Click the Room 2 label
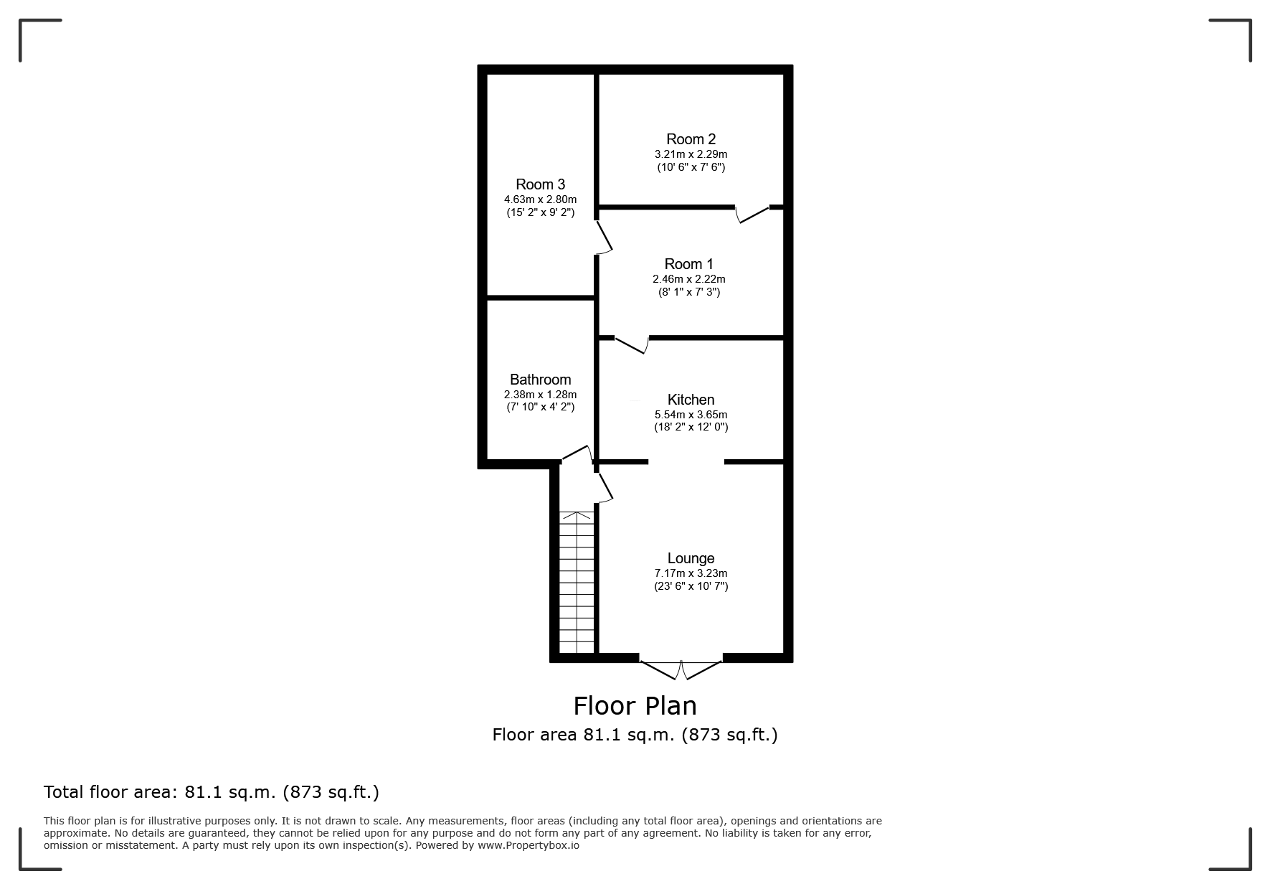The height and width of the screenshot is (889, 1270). coord(691,139)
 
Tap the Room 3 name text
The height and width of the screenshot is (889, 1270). coord(540,184)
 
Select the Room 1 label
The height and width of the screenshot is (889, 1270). coord(688,264)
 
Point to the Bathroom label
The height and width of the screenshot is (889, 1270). coord(540,380)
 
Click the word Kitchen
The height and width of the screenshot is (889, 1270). coord(691,400)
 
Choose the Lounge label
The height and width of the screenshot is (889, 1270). coord(691,558)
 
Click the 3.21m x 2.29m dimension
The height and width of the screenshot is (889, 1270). coord(691,154)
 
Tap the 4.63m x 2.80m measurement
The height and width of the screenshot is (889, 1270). coord(540,199)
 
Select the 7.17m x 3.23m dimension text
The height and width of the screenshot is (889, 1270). coord(691,573)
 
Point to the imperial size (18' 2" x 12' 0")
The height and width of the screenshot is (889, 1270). coord(691,427)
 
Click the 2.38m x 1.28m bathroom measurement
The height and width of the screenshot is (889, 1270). coord(540,395)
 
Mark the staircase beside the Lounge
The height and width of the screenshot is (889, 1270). coord(577,582)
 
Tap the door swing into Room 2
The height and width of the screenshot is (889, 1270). coord(752,214)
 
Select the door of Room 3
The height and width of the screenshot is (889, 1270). coord(604,237)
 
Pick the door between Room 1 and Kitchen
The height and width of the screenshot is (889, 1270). coord(632,344)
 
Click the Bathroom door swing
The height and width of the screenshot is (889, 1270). coord(576,453)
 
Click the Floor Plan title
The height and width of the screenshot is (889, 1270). coord(635,706)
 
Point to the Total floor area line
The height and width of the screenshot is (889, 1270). coord(212,792)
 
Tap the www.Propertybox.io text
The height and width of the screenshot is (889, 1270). coord(529,845)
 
